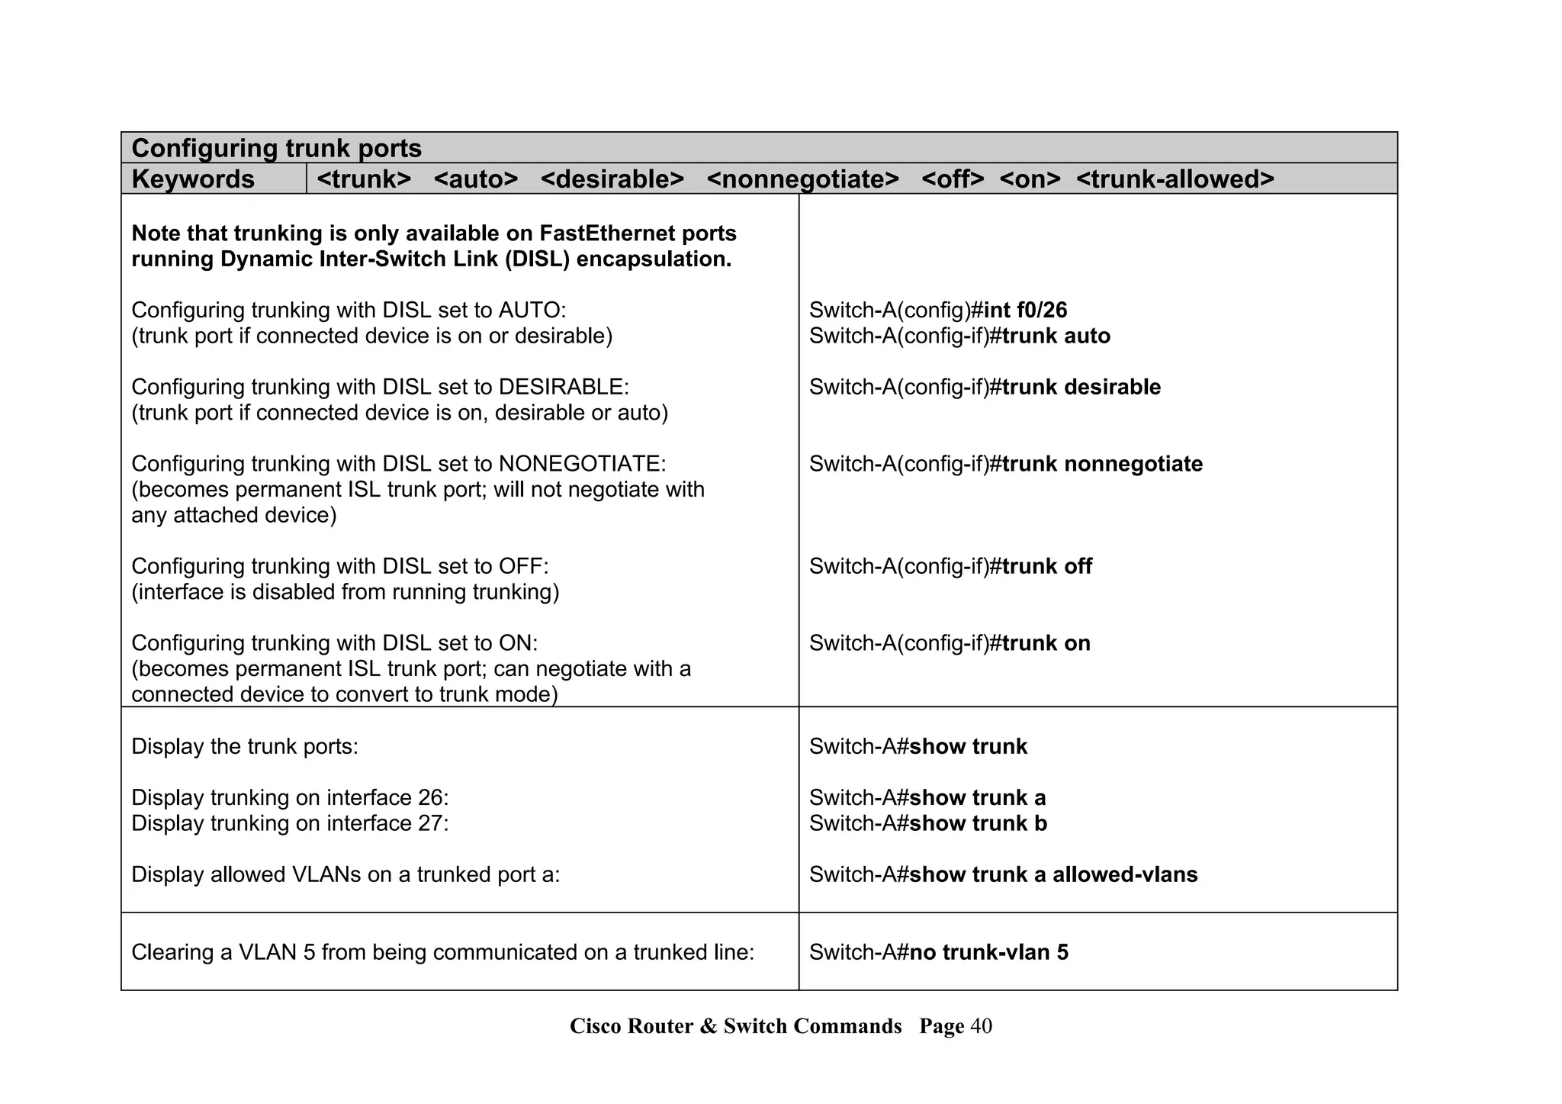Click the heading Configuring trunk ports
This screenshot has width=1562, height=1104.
tap(276, 148)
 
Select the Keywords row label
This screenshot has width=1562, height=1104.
tap(193, 179)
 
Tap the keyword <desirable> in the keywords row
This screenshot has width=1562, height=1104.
tap(612, 179)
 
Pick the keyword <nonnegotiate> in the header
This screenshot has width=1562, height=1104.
tap(802, 179)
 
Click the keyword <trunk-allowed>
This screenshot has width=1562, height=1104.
tap(1175, 179)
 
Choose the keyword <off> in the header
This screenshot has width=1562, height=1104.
tap(952, 179)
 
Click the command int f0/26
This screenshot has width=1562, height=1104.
tap(1025, 311)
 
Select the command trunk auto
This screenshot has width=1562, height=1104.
tap(1056, 336)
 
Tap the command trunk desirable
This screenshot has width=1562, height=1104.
tap(1081, 388)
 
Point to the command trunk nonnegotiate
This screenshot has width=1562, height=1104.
tap(1102, 465)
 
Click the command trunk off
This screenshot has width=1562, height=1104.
tap(1046, 567)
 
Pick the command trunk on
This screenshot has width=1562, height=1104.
tap(1046, 644)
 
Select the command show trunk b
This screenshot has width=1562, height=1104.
tap(978, 824)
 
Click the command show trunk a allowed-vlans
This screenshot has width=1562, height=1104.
tap(1053, 875)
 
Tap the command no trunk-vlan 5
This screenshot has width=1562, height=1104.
tap(988, 953)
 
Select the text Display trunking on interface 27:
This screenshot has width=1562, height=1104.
tap(290, 824)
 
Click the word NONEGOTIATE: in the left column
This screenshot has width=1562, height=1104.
tap(582, 465)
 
